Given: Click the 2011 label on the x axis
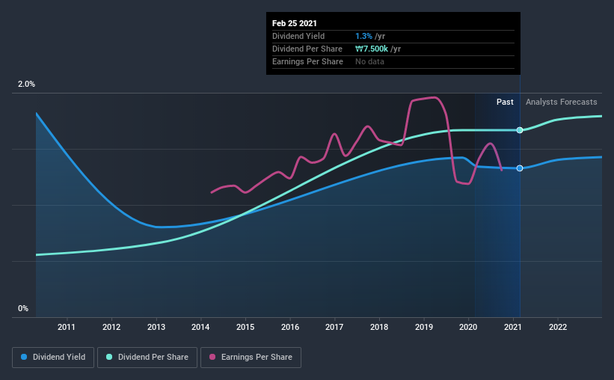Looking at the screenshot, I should tap(67, 327).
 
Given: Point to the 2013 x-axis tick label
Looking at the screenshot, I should tap(156, 327).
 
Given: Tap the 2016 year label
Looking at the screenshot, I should tap(290, 327).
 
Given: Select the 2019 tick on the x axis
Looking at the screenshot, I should tap(424, 327).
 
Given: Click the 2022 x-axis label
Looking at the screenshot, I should tap(557, 327).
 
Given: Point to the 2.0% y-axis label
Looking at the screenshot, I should tap(26, 85).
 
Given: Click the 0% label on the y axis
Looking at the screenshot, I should tap(22, 308).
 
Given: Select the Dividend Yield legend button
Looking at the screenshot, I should tap(53, 358).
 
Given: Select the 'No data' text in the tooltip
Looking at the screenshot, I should tap(370, 61).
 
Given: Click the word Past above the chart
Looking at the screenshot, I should tap(505, 102).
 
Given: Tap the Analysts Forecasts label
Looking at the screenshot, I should tap(562, 102).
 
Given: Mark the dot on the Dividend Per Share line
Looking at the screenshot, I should tap(520, 130).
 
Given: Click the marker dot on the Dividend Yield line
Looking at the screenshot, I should tap(520, 168).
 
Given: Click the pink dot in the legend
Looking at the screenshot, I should tap(212, 358).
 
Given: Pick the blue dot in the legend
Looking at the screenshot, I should tap(25, 358).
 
